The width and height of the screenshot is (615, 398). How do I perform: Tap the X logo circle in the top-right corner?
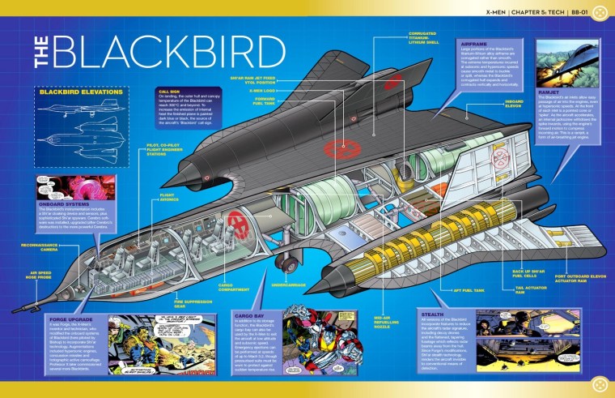[x=600, y=12]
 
